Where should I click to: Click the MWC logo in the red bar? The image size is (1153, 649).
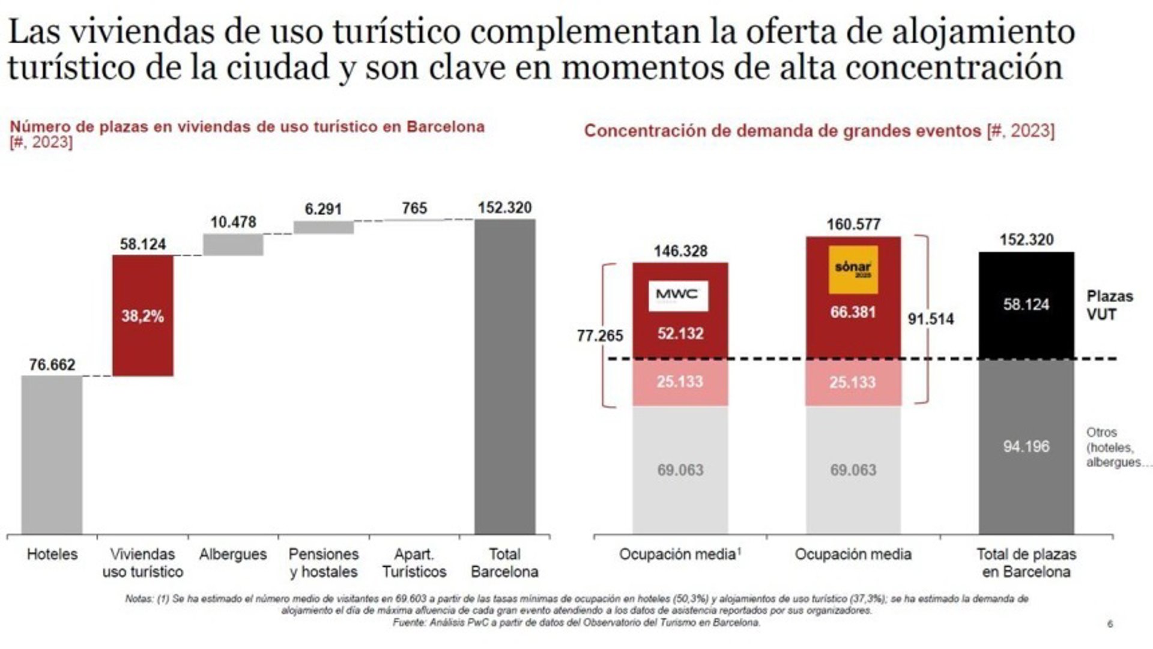678,295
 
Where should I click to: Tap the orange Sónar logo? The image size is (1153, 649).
853,270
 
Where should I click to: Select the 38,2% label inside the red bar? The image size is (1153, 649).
143,316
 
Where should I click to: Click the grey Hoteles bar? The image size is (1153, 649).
52,454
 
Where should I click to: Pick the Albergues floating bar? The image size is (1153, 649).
233,244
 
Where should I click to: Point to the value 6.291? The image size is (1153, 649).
323,210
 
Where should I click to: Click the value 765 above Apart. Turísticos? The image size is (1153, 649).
414,208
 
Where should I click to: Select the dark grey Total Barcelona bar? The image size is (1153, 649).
504,376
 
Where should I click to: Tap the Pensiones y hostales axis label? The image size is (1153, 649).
323,563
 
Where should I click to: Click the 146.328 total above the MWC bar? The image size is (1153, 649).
680,251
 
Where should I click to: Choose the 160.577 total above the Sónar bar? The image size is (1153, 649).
853,225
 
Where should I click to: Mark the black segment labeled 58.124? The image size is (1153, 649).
1026,305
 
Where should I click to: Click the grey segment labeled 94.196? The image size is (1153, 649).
1026,446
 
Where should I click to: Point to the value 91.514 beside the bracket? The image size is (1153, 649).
930,319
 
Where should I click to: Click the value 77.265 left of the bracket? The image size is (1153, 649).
599,336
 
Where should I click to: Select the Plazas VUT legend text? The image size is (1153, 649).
1109,305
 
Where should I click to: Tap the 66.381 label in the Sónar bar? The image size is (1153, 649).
853,312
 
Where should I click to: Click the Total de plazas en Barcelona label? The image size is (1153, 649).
1026,563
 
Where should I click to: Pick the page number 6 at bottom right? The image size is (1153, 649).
1110,624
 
